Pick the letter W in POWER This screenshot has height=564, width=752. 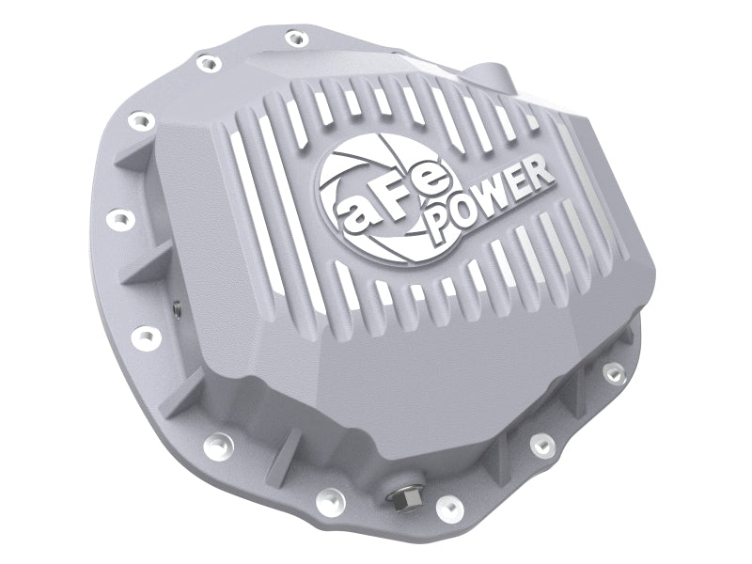coord(499,198)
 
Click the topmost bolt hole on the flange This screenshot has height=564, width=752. coord(295,39)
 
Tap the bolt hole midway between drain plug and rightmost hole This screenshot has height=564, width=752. coord(539,445)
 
